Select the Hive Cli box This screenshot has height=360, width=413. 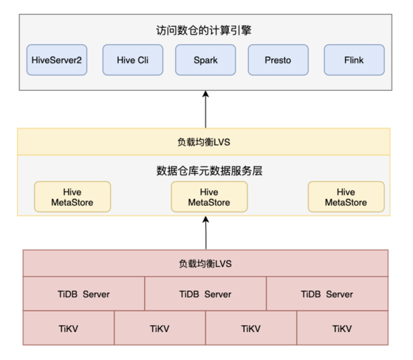pos(133,60)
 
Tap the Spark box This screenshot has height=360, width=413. pos(205,60)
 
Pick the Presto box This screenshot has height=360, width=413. pos(278,60)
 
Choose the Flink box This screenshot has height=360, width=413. pos(354,60)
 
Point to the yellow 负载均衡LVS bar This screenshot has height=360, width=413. pos(204,142)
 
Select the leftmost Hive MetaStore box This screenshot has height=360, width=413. pos(72,197)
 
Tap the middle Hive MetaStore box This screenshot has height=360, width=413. pos(209,197)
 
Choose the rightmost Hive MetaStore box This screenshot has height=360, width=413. pos(346,197)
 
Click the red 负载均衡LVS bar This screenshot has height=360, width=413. pos(205,264)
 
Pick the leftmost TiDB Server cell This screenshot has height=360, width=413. pos(84,294)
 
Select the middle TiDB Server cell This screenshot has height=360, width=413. pos(205,294)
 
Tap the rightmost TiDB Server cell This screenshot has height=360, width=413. pos(327,294)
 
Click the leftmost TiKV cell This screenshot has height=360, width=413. pos(69,328)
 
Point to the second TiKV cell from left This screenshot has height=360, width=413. pos(160,328)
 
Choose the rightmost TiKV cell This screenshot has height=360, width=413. pos(342,328)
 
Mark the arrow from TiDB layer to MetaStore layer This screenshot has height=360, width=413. pos(205,232)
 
